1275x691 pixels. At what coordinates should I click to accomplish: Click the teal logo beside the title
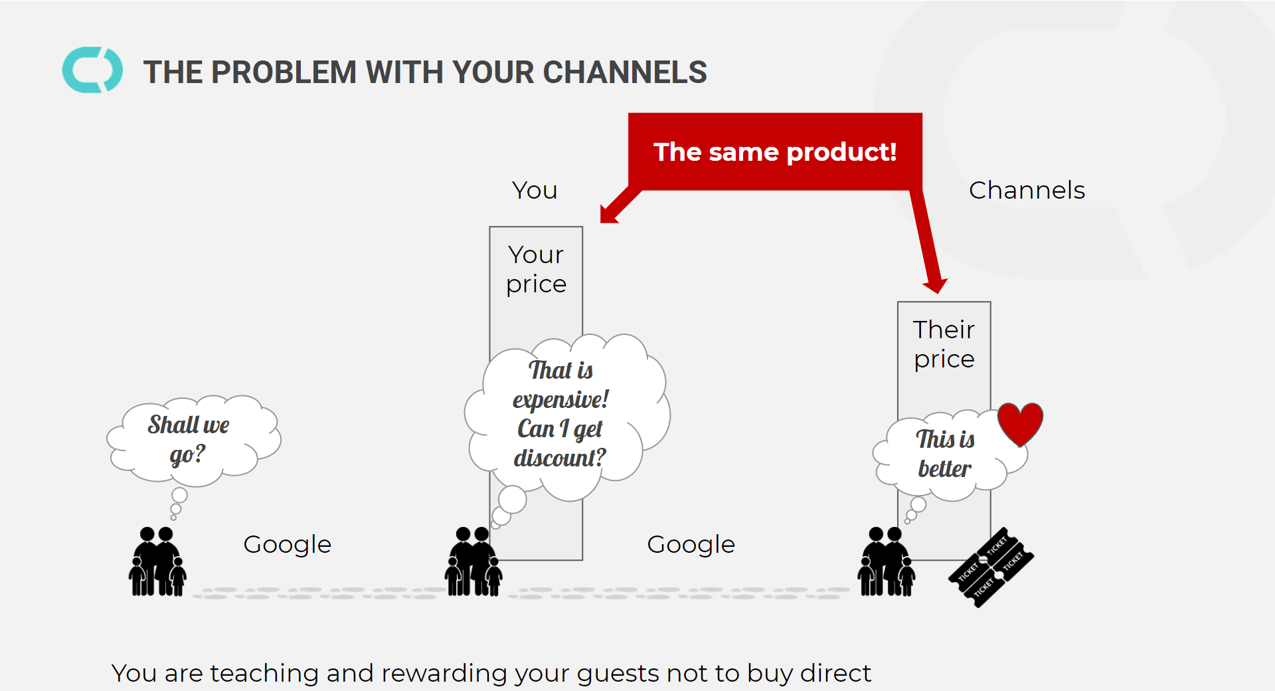point(92,70)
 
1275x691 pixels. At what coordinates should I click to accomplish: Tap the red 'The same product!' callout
point(775,152)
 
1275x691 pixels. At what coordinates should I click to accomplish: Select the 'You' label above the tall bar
point(535,191)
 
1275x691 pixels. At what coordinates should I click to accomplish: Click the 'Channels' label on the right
point(1027,191)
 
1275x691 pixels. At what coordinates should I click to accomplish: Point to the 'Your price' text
point(536,269)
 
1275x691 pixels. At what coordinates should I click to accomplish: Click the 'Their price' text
point(944,344)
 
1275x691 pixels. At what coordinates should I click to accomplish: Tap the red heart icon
point(1020,423)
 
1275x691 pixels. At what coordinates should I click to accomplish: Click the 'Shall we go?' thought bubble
point(189,439)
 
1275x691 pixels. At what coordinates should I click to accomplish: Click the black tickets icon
point(991,567)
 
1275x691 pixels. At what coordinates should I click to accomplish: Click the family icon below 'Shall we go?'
point(157,562)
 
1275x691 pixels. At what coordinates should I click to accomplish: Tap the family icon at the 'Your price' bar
point(473,562)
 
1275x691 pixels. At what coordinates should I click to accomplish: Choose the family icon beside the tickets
point(886,562)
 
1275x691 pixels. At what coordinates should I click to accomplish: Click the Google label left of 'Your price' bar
point(287,545)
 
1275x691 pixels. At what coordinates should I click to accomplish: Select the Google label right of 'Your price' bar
point(691,545)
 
